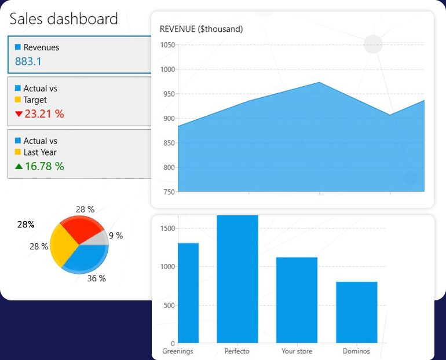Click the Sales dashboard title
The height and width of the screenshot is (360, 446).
tap(64, 19)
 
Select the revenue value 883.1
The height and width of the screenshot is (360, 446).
tap(28, 61)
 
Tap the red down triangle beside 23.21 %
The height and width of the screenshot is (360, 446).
tap(19, 114)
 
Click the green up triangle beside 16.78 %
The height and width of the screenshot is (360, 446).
tap(19, 167)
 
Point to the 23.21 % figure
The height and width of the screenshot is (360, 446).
tap(45, 114)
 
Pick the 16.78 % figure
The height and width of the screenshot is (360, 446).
tap(45, 167)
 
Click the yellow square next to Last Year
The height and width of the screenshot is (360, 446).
tap(17, 152)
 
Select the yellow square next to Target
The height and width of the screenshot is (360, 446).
tap(17, 100)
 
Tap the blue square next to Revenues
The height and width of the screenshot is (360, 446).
tap(17, 47)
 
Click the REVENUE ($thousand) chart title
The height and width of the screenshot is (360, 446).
tap(201, 29)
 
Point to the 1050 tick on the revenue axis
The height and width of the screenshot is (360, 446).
tap(167, 45)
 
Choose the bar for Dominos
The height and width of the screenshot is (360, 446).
tap(356, 313)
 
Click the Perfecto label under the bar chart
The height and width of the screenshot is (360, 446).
tap(237, 351)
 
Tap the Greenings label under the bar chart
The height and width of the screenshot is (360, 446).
tap(178, 351)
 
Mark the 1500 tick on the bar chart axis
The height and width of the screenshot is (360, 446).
tap(166, 229)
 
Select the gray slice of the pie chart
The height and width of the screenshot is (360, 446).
tap(99, 238)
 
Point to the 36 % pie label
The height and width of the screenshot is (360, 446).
tap(96, 278)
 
